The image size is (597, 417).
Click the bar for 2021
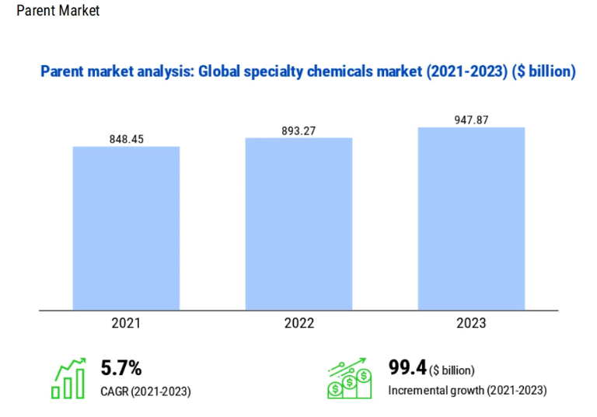(x=126, y=228)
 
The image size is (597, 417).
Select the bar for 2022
(x=298, y=224)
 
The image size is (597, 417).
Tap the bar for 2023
(x=471, y=218)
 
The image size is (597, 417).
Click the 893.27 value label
(x=298, y=131)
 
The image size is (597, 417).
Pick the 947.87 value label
(x=471, y=120)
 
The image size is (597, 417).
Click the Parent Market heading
(x=58, y=12)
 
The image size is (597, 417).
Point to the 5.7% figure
(x=121, y=367)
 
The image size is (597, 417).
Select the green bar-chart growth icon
(x=68, y=379)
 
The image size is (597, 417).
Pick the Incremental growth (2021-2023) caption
(x=467, y=390)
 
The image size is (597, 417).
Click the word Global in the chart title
(x=218, y=73)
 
